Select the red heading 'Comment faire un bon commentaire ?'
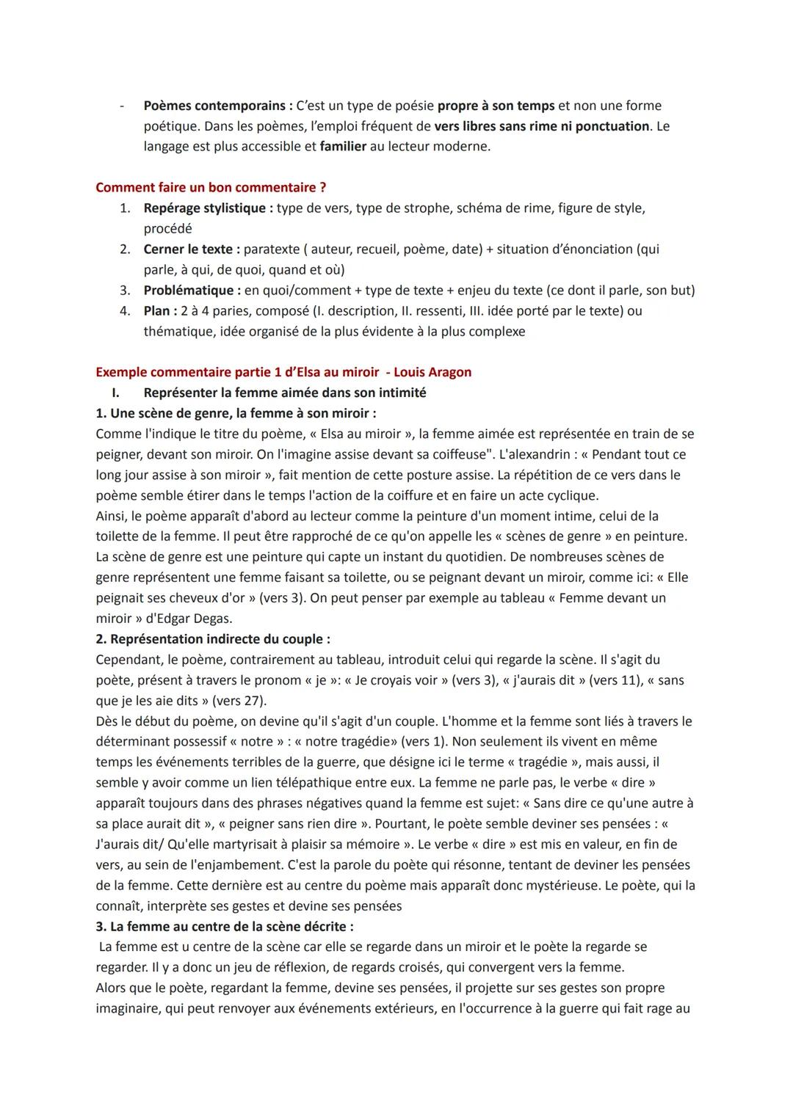(x=211, y=188)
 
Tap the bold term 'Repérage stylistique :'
(x=208, y=208)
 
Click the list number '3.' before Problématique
(x=126, y=291)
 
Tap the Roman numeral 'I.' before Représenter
(x=116, y=393)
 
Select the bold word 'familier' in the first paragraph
(x=343, y=147)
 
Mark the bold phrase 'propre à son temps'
(x=496, y=106)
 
